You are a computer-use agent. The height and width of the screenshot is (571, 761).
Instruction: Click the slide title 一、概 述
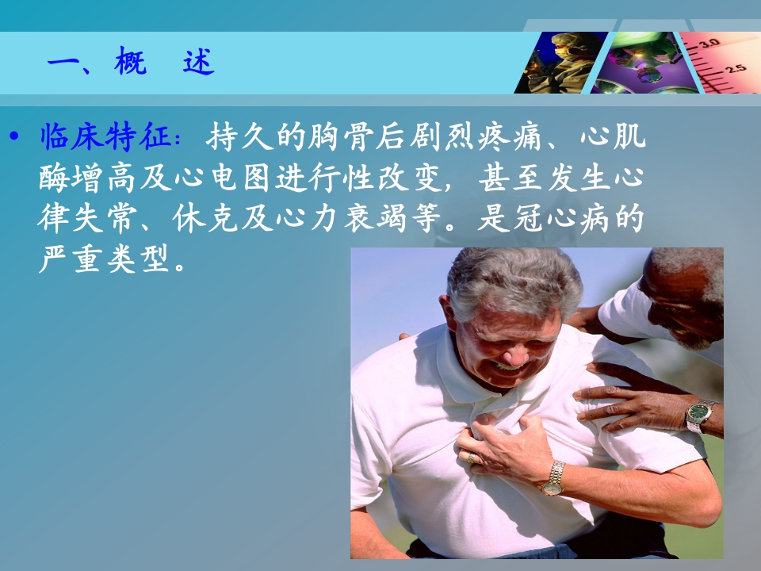click(131, 61)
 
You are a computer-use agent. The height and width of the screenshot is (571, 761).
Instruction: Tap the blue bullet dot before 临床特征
click(14, 136)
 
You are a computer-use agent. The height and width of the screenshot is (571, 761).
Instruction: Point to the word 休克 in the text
click(205, 219)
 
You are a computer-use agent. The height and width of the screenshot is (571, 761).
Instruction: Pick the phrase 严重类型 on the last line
click(105, 259)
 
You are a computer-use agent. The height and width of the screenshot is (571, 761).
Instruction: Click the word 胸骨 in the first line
click(342, 136)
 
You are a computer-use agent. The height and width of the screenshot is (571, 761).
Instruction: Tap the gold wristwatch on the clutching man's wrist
click(554, 478)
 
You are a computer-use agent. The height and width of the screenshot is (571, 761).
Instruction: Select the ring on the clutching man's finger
click(471, 458)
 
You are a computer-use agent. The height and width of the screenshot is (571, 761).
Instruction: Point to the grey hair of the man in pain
click(514, 281)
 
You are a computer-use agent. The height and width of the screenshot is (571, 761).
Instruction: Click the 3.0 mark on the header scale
click(709, 43)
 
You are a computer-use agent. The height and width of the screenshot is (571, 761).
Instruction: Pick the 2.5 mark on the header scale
click(736, 68)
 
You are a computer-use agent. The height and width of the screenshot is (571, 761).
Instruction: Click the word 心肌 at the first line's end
click(614, 136)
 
